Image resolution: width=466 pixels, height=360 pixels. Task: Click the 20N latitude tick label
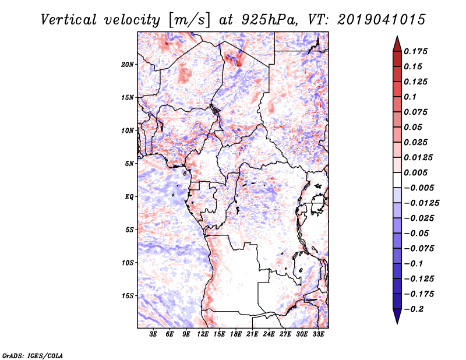tap(128, 64)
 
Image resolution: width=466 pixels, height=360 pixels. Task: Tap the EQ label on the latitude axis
tap(129, 196)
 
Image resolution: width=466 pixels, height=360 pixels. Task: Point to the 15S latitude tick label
tap(128, 296)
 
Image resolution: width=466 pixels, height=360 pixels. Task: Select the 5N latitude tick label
tap(129, 164)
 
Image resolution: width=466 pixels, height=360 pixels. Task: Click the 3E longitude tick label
tap(153, 334)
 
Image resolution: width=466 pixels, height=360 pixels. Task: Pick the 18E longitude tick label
tap(236, 334)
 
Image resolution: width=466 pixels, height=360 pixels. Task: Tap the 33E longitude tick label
tap(318, 334)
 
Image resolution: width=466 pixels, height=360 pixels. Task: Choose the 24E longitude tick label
tap(269, 334)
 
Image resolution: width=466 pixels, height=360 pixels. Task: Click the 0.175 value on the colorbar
tap(415, 51)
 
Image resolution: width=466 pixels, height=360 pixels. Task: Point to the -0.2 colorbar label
tap(414, 309)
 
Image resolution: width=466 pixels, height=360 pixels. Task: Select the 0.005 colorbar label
tap(415, 172)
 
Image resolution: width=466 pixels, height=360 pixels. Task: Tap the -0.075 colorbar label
tap(418, 249)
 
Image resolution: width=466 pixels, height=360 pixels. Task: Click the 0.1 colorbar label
tap(410, 97)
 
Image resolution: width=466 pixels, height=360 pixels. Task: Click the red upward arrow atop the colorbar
tap(397, 44)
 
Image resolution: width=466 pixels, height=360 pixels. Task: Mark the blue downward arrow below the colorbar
tap(397, 316)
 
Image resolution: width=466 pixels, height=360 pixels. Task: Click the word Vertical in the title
tap(69, 20)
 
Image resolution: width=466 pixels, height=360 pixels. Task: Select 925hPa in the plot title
tap(269, 20)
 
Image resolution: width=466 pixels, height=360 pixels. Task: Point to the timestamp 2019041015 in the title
tap(382, 20)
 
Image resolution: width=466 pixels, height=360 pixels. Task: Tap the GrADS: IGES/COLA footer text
tap(33, 355)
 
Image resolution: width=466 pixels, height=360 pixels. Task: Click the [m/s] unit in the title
tap(189, 20)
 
